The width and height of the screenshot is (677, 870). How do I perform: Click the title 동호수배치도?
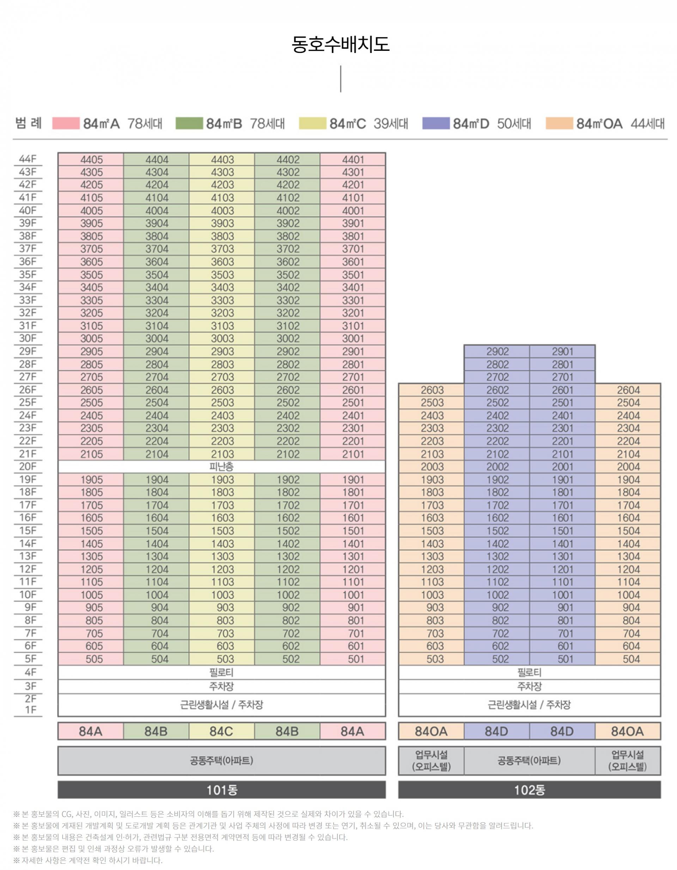340,44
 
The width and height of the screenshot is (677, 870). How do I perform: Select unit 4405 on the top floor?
91,160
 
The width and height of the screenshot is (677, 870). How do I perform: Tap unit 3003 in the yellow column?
222,339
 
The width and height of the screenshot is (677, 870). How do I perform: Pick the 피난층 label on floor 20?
221,466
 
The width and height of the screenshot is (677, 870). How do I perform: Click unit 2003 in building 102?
432,466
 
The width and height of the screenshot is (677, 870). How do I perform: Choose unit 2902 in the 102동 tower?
498,351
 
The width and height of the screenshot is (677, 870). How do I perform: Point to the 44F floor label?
28,159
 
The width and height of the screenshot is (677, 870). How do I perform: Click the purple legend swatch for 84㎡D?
436,123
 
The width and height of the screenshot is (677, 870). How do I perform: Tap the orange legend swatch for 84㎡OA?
559,123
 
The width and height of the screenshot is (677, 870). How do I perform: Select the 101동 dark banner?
221,790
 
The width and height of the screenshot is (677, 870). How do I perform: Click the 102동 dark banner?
529,790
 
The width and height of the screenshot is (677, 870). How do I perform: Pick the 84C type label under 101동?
221,731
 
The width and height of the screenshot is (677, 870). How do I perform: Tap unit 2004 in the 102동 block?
628,466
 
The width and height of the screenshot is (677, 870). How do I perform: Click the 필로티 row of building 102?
529,673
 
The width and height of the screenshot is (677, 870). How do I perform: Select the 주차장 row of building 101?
221,686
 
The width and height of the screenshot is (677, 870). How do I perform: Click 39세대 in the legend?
391,123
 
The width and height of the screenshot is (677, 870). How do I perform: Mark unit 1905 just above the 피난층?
91,479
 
